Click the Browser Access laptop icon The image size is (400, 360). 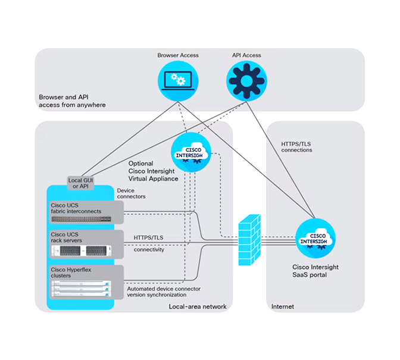pyautogui.click(x=178, y=82)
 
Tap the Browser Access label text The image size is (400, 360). pyautogui.click(x=178, y=55)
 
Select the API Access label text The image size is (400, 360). pyautogui.click(x=246, y=55)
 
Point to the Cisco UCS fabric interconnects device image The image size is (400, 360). pyautogui.click(x=80, y=219)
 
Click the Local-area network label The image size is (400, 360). pyautogui.click(x=198, y=306)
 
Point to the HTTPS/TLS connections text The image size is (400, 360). pyautogui.click(x=296, y=146)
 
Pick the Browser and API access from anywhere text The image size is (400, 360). pyautogui.click(x=72, y=101)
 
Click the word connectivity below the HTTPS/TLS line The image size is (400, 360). pyautogui.click(x=149, y=249)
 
